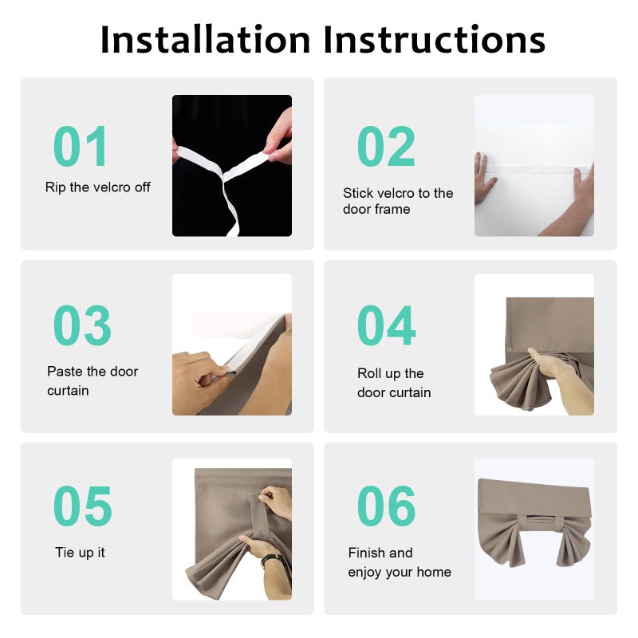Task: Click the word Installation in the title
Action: click(206, 39)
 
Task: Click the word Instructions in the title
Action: click(434, 39)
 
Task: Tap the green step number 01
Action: click(81, 146)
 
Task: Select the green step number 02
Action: click(386, 146)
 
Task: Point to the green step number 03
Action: click(83, 325)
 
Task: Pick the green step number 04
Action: click(387, 325)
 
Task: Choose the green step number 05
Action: click(83, 506)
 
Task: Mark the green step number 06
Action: click(387, 506)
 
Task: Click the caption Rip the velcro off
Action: click(97, 187)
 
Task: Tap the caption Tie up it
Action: click(80, 552)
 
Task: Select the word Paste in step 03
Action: click(65, 371)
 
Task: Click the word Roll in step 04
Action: click(369, 373)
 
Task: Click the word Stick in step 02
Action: click(360, 193)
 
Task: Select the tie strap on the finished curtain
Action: click(543, 521)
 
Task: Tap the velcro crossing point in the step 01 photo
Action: click(223, 177)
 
